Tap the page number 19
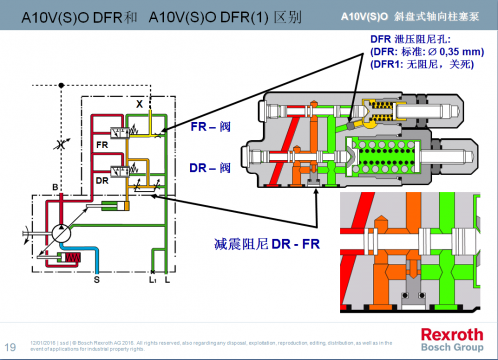(x=12, y=336)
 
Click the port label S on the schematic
(x=96, y=281)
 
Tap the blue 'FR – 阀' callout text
(x=213, y=127)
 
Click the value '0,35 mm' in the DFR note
(x=459, y=49)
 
